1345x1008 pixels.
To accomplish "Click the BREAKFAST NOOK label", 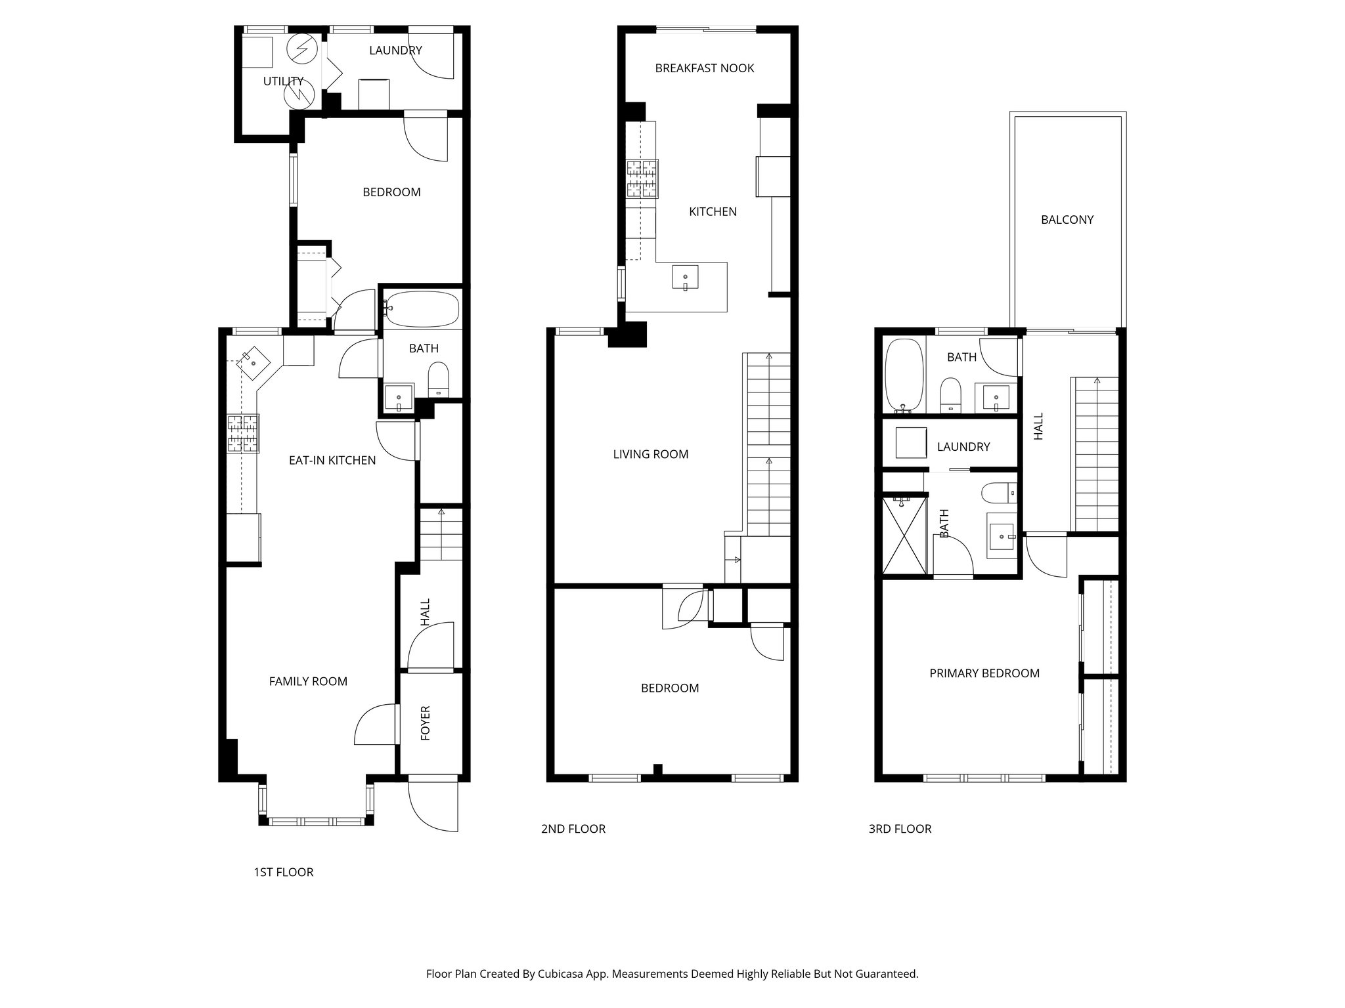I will (x=704, y=68).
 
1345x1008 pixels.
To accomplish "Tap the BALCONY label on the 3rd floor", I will (x=1067, y=220).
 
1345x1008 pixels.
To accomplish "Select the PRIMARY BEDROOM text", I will (x=984, y=673).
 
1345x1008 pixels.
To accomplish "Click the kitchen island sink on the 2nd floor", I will (x=685, y=278).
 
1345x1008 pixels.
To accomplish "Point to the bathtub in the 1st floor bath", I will (x=422, y=309).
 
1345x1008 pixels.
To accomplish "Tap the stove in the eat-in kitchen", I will (x=243, y=434).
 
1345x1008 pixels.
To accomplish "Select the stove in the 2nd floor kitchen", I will (x=642, y=178).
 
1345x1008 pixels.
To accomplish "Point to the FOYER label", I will (x=426, y=723).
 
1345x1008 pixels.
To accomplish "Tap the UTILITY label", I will (x=283, y=81).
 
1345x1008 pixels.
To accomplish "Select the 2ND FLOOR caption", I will (x=573, y=829).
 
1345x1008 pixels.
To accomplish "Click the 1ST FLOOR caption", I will (x=283, y=872).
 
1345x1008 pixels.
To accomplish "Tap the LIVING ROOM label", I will (x=650, y=454).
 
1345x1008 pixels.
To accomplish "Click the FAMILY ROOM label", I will (x=308, y=682).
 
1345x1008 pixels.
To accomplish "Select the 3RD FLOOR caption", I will (x=900, y=829).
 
